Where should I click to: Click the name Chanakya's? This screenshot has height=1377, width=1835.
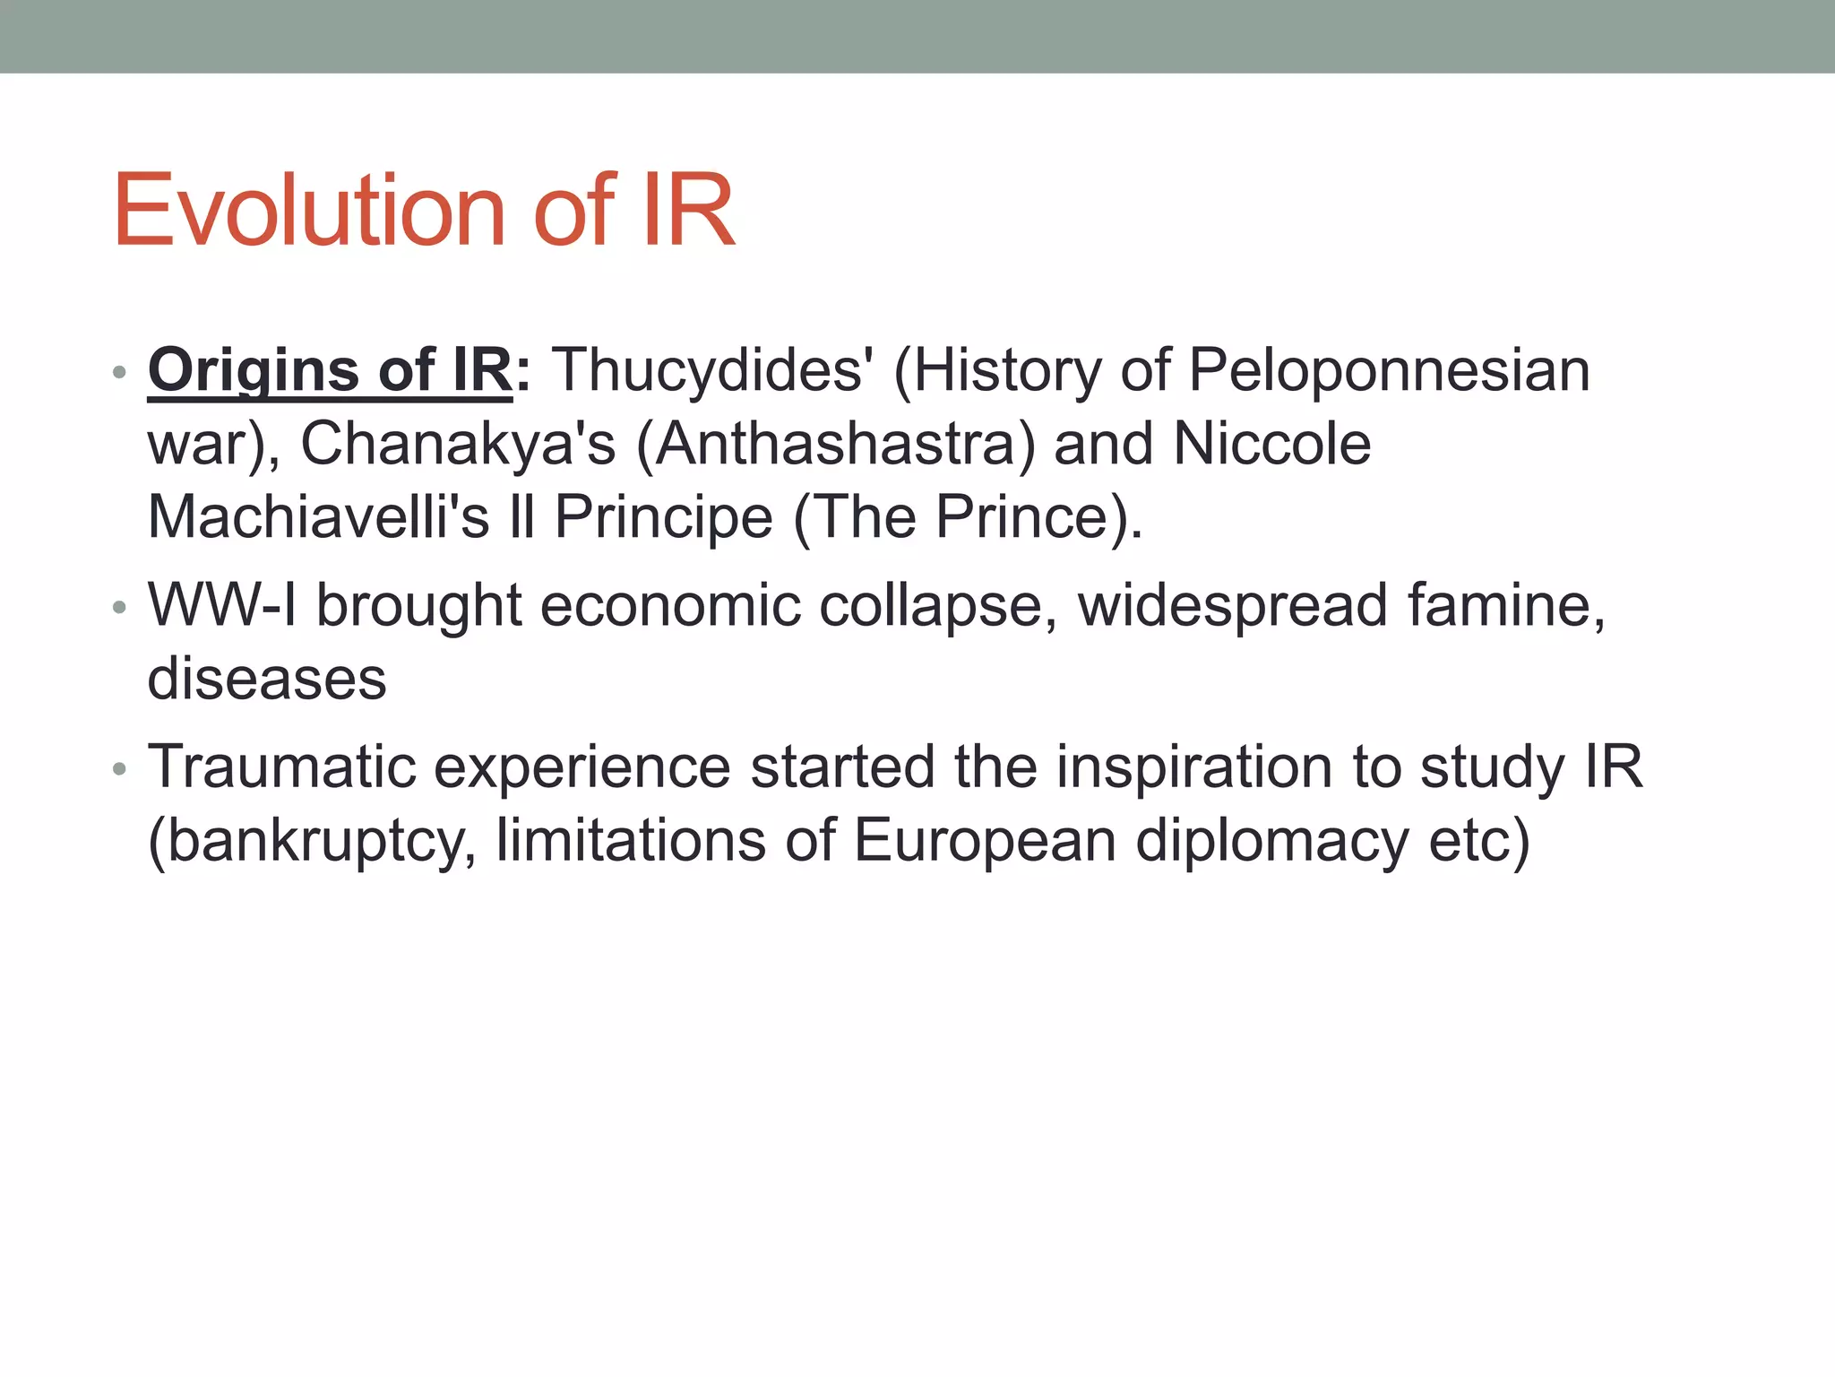pos(458,444)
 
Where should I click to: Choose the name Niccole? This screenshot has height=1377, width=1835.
pos(1271,444)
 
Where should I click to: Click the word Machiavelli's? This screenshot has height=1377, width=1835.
pos(318,517)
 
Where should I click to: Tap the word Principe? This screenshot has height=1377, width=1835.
pos(663,517)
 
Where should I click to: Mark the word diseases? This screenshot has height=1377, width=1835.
pos(267,679)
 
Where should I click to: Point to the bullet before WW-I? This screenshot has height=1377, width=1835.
pos(120,609)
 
